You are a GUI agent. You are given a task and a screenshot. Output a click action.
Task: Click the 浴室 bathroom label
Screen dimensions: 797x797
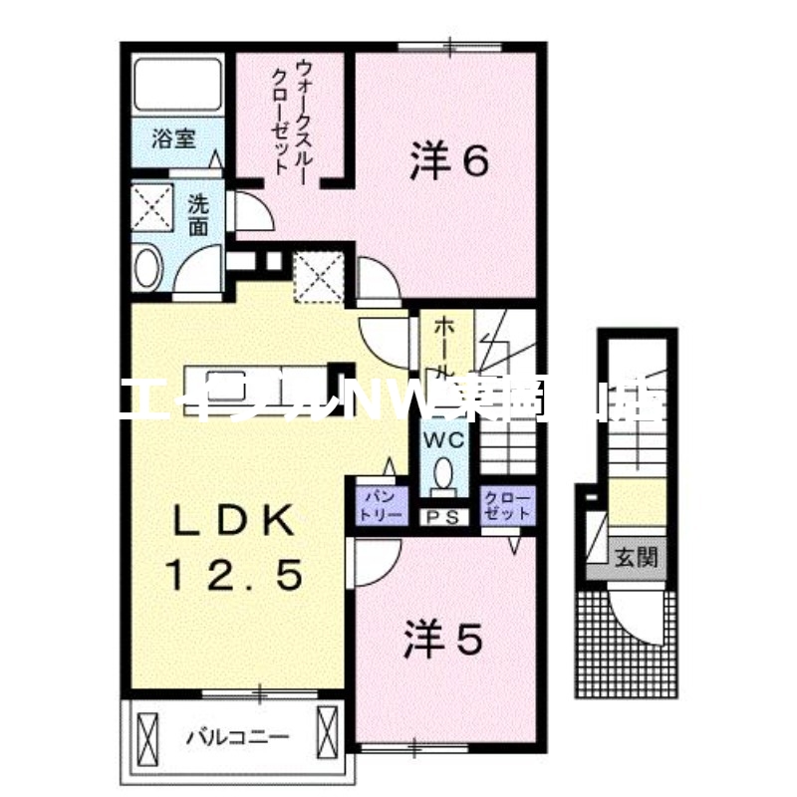173,138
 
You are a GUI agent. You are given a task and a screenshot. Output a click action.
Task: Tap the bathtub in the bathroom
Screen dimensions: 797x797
177,86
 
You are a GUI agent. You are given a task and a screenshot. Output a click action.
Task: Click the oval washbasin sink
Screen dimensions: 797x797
147,269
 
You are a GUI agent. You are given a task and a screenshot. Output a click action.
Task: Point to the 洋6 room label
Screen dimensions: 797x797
448,159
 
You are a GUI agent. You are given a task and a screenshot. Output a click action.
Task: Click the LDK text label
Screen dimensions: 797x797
234,520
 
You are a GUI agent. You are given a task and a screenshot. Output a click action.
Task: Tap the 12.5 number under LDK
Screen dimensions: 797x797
234,575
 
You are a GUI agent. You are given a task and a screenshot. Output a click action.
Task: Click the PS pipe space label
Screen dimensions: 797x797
444,516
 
